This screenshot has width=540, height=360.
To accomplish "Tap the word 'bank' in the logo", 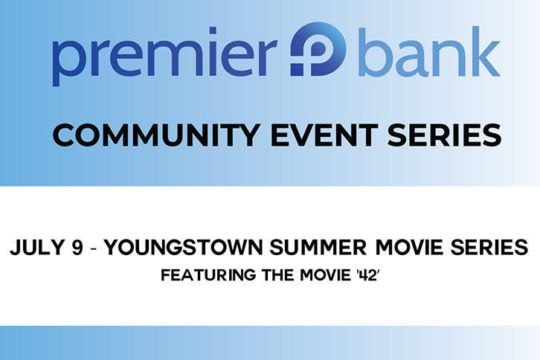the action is point(429,51).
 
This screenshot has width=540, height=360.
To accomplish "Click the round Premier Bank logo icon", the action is point(318,49).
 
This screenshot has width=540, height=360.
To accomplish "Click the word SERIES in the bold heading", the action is point(445,135).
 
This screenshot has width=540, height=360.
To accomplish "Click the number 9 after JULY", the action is point(78,248).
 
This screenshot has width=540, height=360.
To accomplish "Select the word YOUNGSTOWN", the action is point(184,248).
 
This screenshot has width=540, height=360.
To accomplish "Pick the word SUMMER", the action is point(318,248).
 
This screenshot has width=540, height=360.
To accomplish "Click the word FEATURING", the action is point(208,275).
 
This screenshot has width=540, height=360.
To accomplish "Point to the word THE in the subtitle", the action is point(277,275).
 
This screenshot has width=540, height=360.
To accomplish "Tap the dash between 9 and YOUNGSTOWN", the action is point(94,248).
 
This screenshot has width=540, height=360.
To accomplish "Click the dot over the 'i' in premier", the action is point(213,30).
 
